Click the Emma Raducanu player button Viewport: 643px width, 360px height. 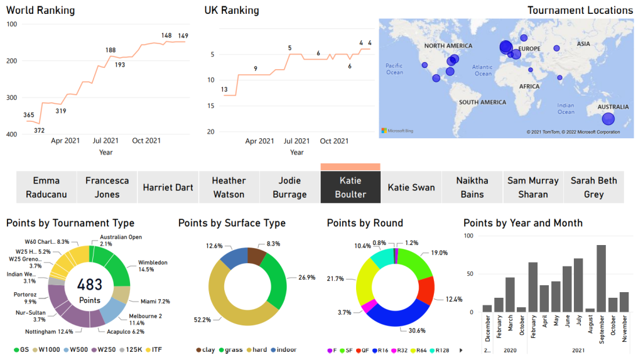pos(46,187)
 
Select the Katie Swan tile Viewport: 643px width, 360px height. pos(411,187)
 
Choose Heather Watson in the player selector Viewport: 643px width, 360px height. pos(229,187)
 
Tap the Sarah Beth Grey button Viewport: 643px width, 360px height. pos(593,187)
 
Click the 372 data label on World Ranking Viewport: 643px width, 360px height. pos(39,130)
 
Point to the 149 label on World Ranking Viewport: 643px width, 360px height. pos(183,36)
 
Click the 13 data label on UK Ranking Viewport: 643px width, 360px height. pos(224,90)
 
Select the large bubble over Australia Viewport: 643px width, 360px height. pos(607,119)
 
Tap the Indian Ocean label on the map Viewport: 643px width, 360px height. pos(566,109)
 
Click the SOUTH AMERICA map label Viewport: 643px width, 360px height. pos(482,102)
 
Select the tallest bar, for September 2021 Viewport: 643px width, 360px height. pos(601,278)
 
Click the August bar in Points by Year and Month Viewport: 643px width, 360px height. pos(590,310)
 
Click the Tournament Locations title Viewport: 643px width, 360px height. pos(580,10)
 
